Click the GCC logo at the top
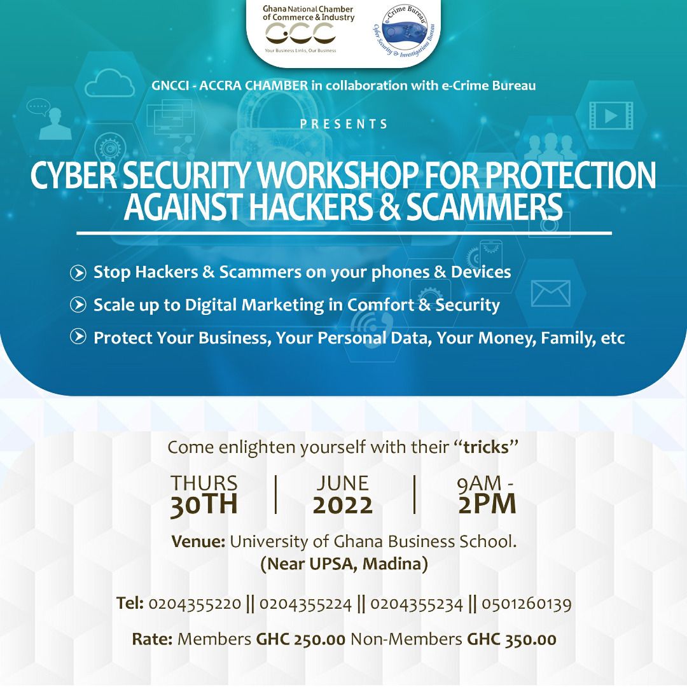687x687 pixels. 300,33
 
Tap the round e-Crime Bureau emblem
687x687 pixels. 403,32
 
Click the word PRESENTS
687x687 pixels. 344,124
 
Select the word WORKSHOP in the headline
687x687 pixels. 338,176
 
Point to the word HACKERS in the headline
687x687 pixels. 310,207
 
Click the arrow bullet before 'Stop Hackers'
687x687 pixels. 78,273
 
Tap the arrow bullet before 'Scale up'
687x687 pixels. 78,305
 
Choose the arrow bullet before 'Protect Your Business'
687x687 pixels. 78,337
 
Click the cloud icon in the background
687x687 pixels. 109,84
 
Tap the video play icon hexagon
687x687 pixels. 611,116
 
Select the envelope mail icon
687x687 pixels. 550,293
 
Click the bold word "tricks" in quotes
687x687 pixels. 487,447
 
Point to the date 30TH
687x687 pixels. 204,504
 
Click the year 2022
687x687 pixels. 343,505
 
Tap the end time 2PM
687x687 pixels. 487,504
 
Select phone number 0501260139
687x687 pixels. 527,604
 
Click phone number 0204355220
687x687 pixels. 195,604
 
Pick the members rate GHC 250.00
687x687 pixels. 300,639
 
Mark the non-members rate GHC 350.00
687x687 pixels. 511,639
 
